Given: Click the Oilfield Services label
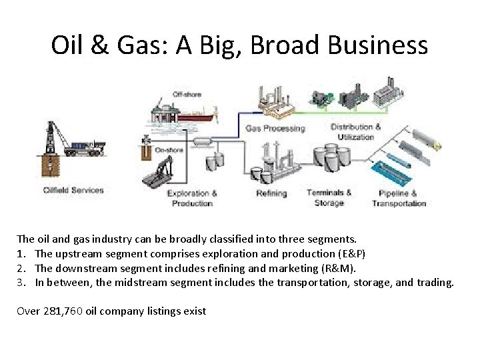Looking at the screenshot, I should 73,190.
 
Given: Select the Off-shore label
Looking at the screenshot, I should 187,95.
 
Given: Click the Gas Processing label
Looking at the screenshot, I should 275,128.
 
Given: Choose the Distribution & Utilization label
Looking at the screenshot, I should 356,131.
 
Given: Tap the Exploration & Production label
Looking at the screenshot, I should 192,198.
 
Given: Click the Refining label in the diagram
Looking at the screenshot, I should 271,193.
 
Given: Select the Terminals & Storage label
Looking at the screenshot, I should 329,197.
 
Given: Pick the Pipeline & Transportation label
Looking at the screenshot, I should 399,199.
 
